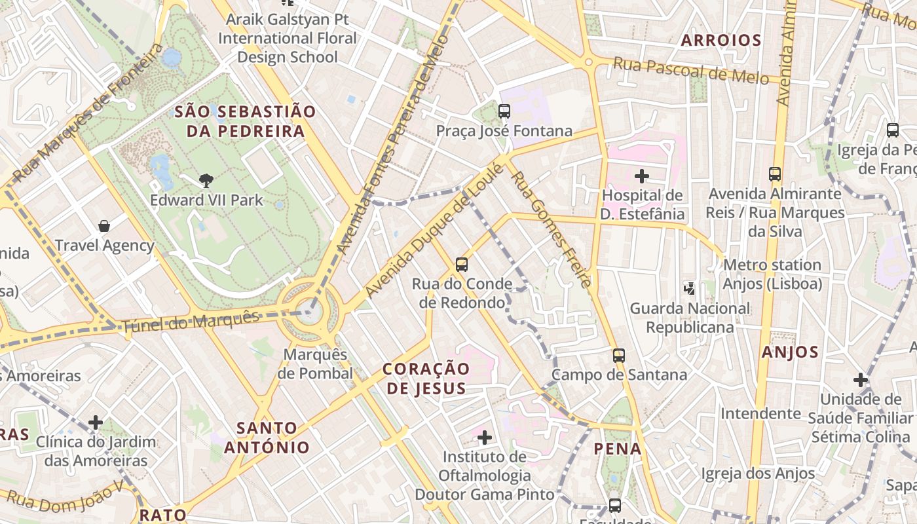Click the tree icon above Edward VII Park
pos(206,180)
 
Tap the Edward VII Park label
pos(206,200)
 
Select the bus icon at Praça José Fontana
pos(504,111)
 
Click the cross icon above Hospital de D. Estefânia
pos(642,176)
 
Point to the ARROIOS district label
pos(720,41)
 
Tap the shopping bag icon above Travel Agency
pos(103,227)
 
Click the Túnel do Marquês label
pos(191,322)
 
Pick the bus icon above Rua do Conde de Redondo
pos(462,265)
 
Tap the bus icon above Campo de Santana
pos(618,356)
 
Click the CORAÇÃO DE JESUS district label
pos(426,379)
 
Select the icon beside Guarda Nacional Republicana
pos(689,288)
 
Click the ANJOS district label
pos(790,352)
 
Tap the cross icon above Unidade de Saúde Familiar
pos(860,380)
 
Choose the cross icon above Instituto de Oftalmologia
pos(485,437)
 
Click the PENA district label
pos(618,449)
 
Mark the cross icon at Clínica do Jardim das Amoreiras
pos(96,422)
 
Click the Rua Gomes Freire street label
pos(552,229)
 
